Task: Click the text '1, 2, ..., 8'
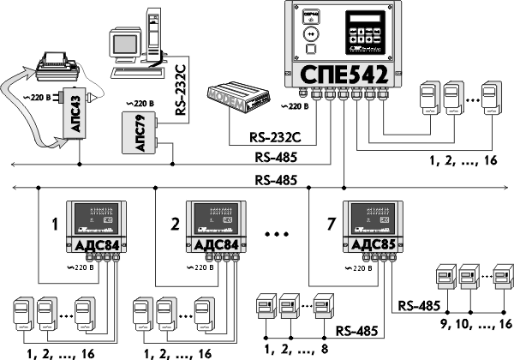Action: tap(294, 350)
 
